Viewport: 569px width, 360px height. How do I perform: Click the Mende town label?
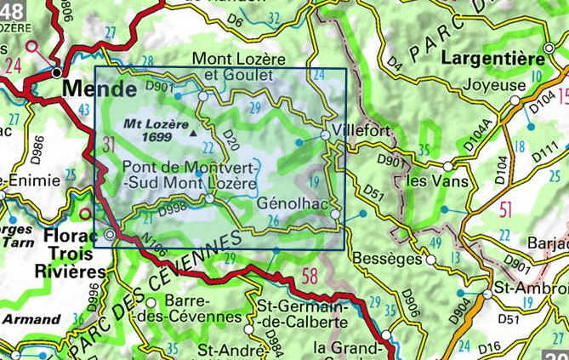99,89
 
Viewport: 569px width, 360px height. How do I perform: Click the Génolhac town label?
295,204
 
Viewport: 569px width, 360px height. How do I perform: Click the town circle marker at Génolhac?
335,214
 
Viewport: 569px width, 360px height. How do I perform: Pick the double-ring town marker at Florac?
110,233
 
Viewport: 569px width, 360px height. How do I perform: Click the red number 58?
309,275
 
